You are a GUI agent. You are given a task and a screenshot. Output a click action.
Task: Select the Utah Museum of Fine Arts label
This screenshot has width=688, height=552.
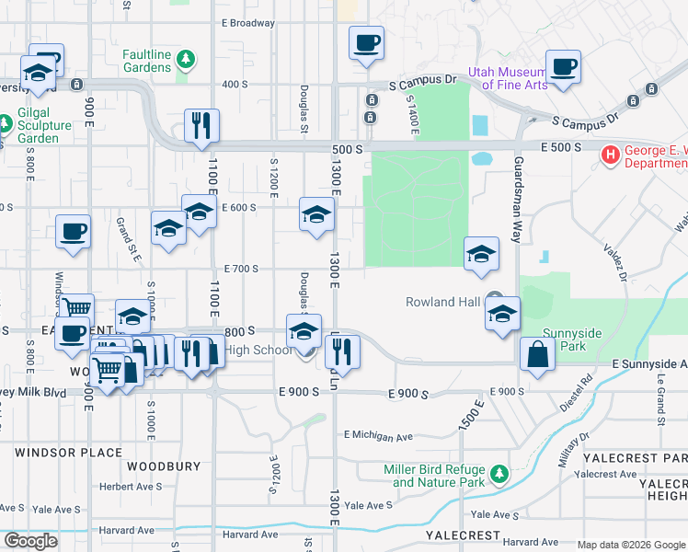508,78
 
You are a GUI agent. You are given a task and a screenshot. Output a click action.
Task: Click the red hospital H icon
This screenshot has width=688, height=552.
610,155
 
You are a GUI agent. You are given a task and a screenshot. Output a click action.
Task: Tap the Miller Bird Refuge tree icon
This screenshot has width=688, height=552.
499,475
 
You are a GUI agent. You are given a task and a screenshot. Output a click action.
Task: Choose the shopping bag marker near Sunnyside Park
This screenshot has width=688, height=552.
537,354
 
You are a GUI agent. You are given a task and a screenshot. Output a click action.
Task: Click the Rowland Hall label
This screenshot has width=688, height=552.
443,302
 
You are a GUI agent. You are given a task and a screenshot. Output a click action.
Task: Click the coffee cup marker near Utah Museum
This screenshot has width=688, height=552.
563,67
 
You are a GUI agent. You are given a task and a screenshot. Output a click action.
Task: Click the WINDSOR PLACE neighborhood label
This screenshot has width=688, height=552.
68,453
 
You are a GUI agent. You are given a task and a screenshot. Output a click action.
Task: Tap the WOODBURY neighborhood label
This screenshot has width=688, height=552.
164,466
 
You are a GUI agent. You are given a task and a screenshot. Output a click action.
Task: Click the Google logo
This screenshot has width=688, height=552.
30,541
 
